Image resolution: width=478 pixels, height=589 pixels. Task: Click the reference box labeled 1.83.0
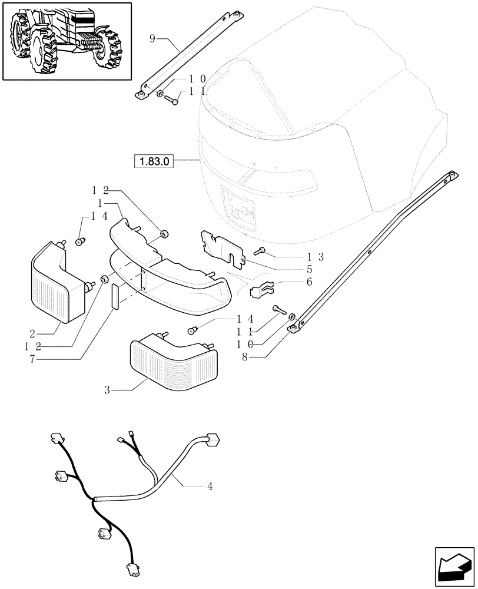(155, 161)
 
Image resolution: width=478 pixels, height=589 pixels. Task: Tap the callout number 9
(152, 39)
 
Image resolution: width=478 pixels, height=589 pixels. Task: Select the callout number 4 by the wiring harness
(210, 487)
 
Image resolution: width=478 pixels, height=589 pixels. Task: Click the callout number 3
(108, 389)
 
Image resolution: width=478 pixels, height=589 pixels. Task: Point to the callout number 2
(34, 332)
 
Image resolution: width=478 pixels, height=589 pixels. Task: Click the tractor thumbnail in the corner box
(67, 41)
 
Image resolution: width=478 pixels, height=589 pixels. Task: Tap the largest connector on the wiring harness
(213, 439)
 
